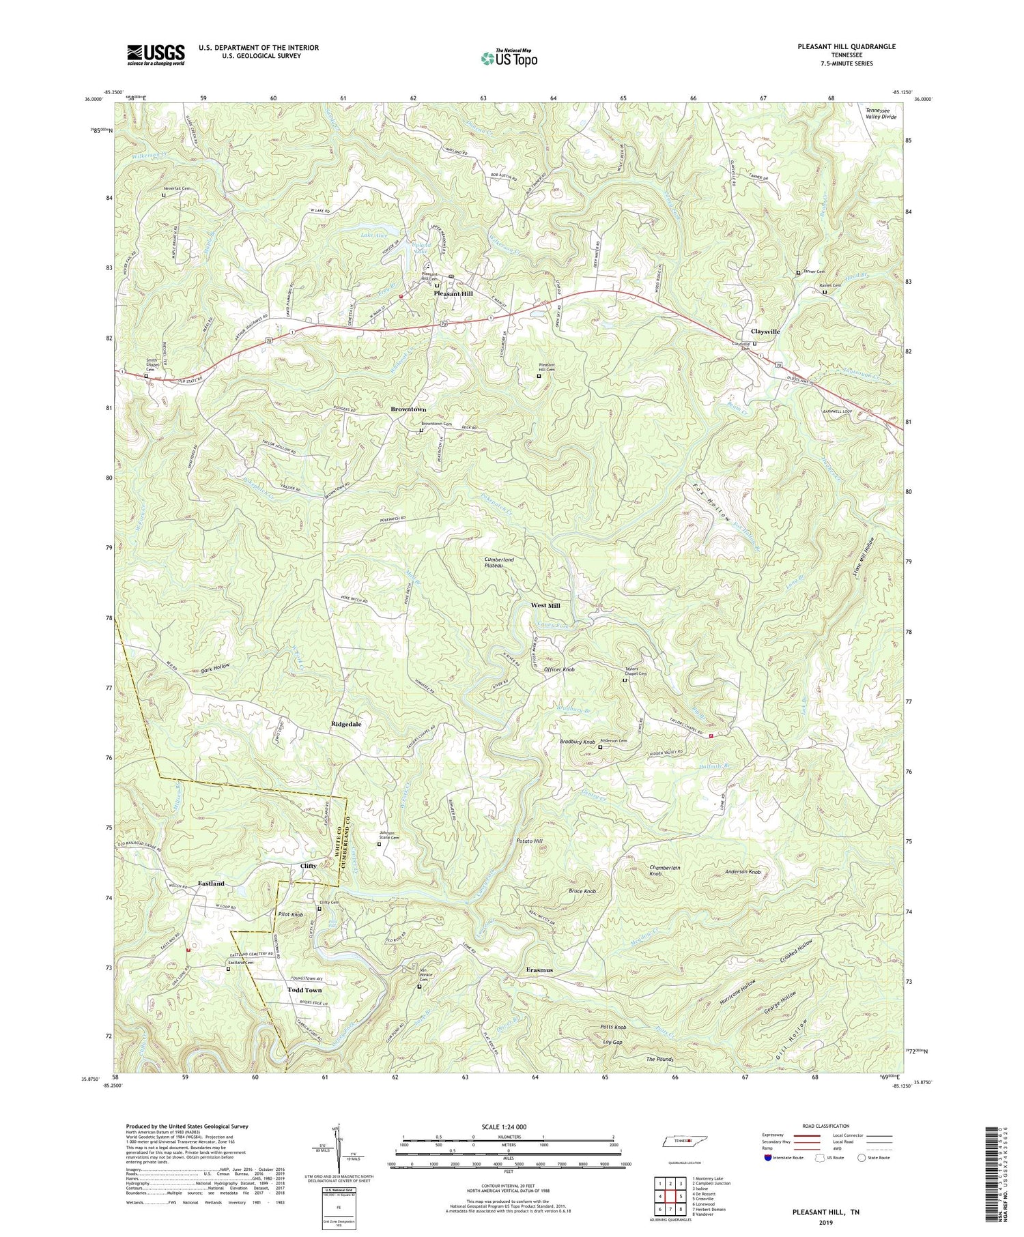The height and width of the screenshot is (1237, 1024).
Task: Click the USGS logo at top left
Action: [156, 55]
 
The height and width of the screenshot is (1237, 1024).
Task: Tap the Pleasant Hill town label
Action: [453, 293]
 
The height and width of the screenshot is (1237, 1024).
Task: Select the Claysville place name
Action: [766, 332]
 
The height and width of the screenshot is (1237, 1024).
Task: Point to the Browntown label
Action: [408, 409]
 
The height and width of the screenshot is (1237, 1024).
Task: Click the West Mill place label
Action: [545, 606]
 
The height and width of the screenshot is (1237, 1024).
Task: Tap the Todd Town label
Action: [304, 990]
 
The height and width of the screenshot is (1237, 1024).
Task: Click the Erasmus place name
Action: [539, 970]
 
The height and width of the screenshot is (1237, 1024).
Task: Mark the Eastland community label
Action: [211, 884]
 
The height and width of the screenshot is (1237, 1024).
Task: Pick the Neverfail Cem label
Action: [176, 188]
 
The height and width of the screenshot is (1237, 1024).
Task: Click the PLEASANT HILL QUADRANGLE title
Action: [837, 46]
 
